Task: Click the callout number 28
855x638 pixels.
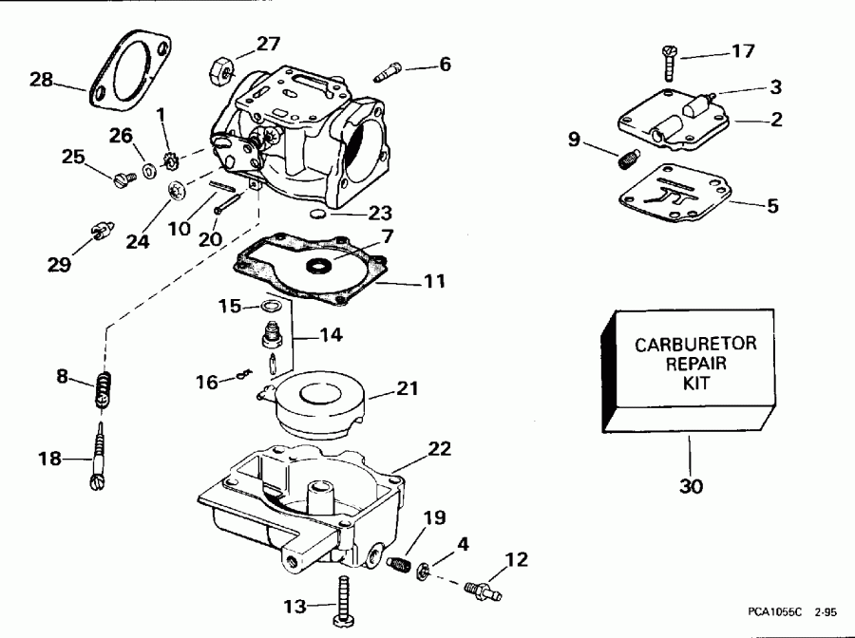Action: (x=41, y=80)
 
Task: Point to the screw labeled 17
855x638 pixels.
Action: (x=668, y=63)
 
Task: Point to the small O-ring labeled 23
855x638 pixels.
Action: (x=321, y=214)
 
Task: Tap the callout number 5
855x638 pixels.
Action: (x=772, y=205)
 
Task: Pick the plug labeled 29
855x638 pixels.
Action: (x=100, y=231)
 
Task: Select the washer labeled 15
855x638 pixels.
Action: (x=269, y=306)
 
